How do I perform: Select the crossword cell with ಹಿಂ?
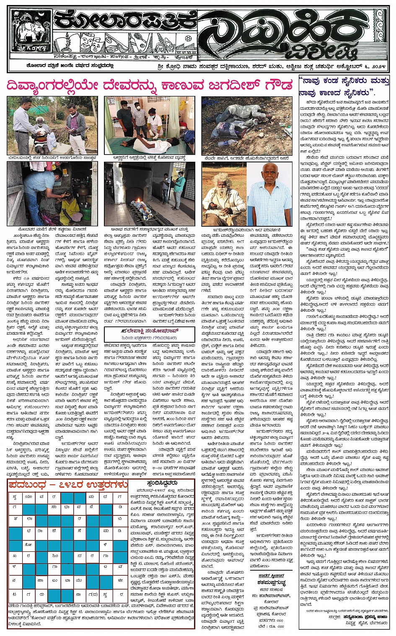(54, 556)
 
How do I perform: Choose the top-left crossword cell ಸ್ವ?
(15, 496)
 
